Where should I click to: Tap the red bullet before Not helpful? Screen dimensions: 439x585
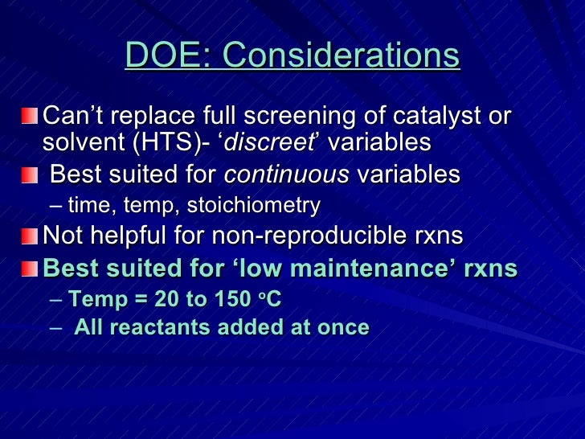(x=30, y=236)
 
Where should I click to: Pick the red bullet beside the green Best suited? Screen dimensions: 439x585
(x=30, y=269)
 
